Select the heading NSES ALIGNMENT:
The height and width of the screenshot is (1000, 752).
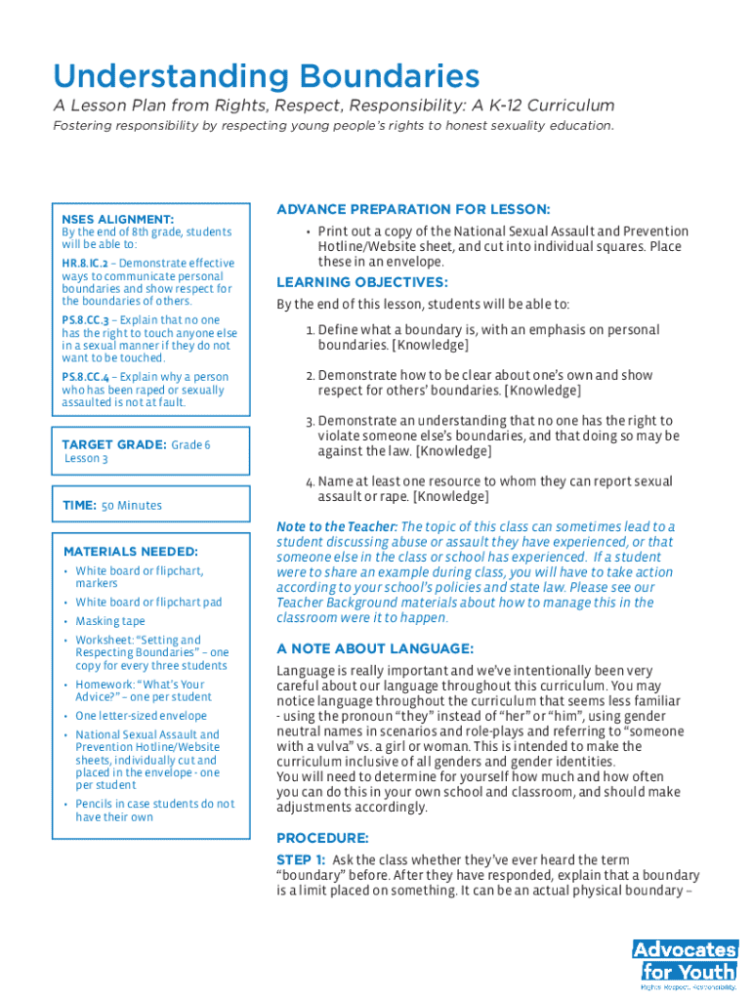tap(117, 220)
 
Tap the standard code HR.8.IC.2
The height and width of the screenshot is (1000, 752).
tap(84, 264)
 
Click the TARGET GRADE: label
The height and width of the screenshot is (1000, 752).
tap(113, 444)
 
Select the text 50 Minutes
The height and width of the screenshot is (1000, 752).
tap(132, 506)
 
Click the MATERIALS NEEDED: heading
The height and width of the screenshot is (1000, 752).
tap(130, 552)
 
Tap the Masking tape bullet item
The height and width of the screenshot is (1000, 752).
tap(110, 621)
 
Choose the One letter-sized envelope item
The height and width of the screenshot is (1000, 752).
tap(142, 716)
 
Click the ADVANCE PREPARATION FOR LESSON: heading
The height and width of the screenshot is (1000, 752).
tap(413, 210)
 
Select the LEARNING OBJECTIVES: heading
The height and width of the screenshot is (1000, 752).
tap(362, 283)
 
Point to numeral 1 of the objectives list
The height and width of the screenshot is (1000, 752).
tap(309, 331)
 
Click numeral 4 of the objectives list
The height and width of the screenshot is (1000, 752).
tap(309, 482)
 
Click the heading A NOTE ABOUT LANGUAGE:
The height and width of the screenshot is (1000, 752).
tap(375, 648)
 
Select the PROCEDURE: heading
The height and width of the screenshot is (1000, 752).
tap(322, 838)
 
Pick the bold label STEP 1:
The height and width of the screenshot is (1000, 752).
tap(301, 860)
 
